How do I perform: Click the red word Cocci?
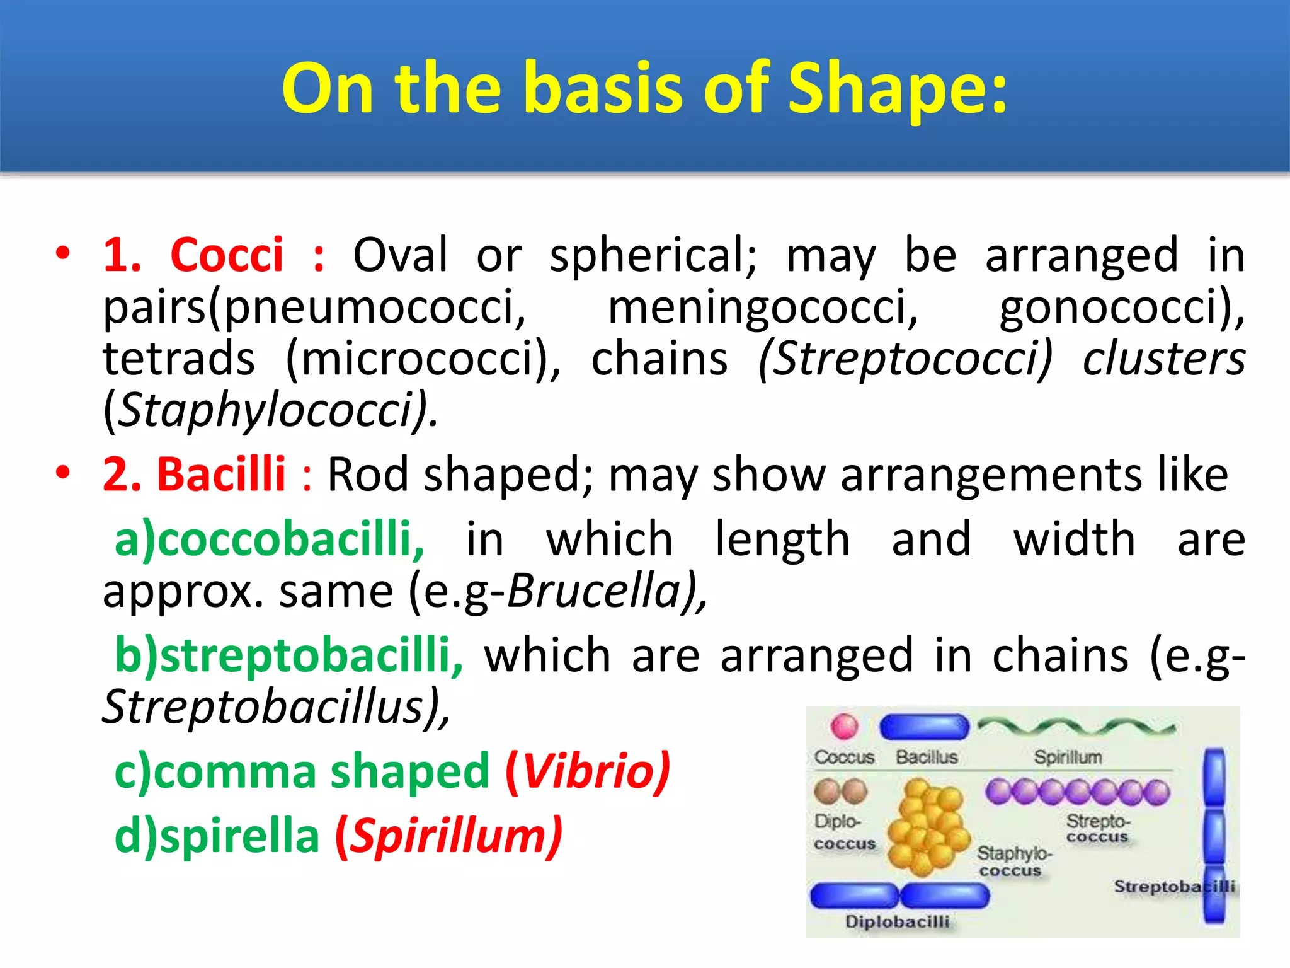pyautogui.click(x=227, y=255)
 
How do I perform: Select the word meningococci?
pyautogui.click(x=763, y=308)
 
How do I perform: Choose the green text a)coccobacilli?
pyautogui.click(x=270, y=539)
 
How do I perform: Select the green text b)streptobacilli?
pyautogui.click(x=288, y=655)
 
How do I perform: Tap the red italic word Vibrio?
pyautogui.click(x=587, y=771)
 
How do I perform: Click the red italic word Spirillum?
pyautogui.click(x=448, y=837)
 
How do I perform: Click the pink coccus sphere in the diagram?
pyautogui.click(x=844, y=726)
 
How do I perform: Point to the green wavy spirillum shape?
pyautogui.click(x=1076, y=727)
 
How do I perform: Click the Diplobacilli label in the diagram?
pyautogui.click(x=897, y=921)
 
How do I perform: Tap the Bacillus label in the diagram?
pyautogui.click(x=927, y=757)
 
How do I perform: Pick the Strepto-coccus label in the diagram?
pyautogui.click(x=1098, y=828)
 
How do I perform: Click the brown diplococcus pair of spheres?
pyautogui.click(x=841, y=791)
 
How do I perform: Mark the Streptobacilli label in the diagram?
pyautogui.click(x=1173, y=887)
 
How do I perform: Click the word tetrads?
pyautogui.click(x=179, y=359)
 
